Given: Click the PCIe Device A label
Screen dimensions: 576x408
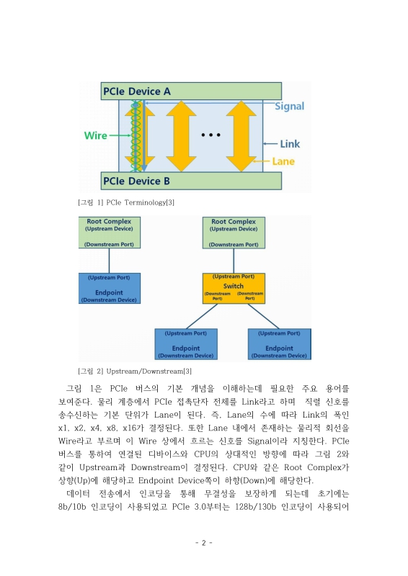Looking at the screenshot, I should coord(137,91).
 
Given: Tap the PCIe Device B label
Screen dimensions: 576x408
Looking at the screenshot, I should coord(137,181).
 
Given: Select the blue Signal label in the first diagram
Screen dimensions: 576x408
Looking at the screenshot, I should coord(289,106).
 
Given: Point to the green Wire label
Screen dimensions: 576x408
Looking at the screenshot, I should coord(95,135).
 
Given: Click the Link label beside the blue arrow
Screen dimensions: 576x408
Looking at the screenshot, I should coord(289,144).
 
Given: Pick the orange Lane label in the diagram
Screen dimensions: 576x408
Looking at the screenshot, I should coord(283,162).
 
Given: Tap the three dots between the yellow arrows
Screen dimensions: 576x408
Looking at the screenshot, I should coord(211,135).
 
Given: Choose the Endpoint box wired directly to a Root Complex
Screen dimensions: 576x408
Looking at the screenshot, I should coord(110,288).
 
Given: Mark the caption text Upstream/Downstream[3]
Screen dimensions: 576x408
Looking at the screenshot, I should coord(148,371).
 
